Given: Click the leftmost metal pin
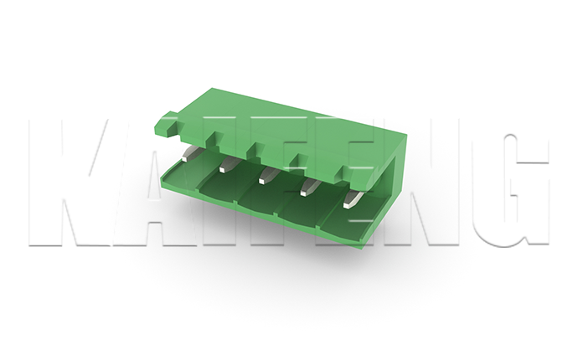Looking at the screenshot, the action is (x=188, y=153).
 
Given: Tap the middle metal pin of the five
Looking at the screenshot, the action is (x=268, y=175).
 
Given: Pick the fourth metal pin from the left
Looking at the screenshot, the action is (x=310, y=187).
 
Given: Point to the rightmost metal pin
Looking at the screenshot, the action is (x=353, y=199).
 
